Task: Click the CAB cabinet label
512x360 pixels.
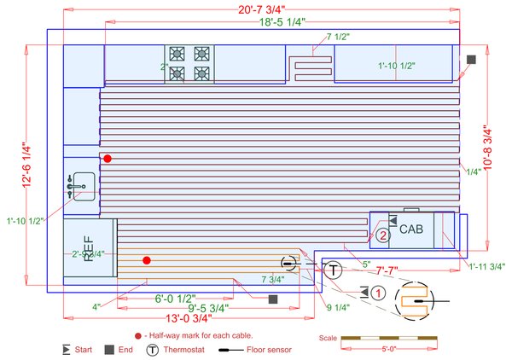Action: point(411,229)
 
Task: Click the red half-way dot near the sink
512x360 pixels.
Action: point(108,159)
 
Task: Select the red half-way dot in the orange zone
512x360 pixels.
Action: point(147,260)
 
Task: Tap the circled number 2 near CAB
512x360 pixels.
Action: point(384,235)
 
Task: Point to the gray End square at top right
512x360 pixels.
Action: point(472,59)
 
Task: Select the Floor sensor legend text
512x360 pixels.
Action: point(268,350)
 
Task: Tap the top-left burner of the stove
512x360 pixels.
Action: point(177,53)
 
